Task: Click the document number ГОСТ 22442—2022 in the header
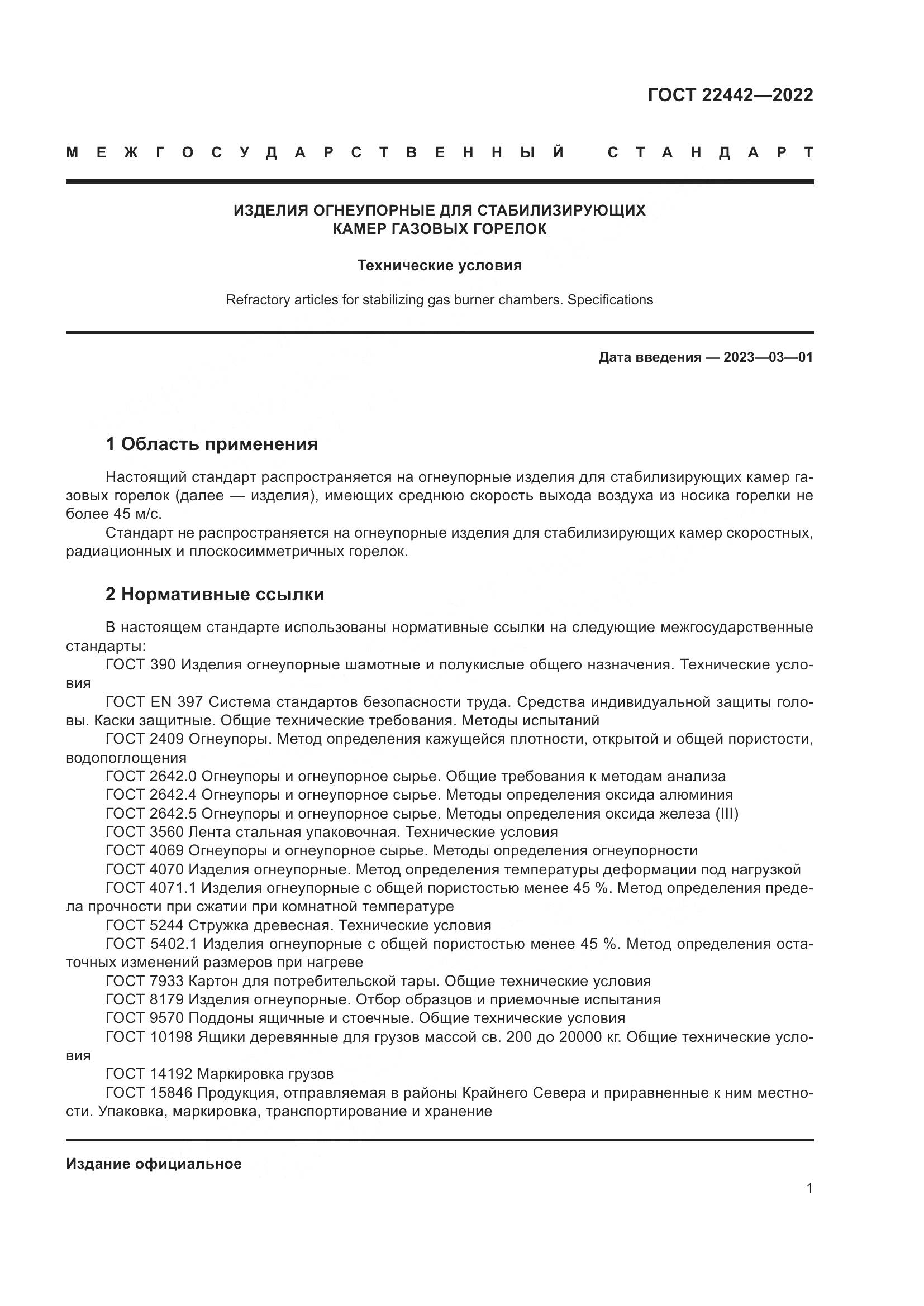(730, 95)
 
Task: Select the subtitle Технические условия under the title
(439, 266)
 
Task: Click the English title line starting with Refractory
(439, 300)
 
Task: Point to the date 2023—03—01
(768, 357)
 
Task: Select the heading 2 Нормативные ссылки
(215, 595)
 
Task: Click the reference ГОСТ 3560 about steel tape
(145, 832)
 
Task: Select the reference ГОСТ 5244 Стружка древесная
(145, 925)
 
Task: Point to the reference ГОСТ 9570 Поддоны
(145, 1018)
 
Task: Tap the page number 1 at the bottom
(809, 1204)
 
